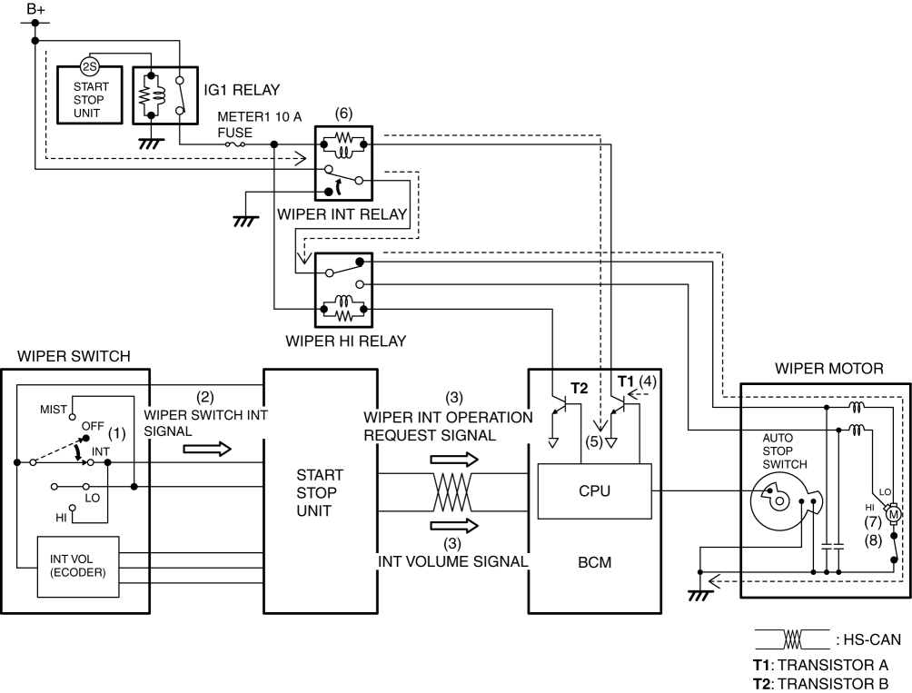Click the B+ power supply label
36,9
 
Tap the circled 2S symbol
89,67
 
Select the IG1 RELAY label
242,90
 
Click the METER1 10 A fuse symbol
234,144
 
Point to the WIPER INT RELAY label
342,214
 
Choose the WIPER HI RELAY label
345,341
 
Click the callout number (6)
343,114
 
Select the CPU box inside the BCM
594,491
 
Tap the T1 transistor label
626,381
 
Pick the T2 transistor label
580,389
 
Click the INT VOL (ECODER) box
78,566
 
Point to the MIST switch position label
54,410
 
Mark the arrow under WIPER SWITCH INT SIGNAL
207,449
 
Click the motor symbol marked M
893,514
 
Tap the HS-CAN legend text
867,639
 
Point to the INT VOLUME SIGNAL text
453,561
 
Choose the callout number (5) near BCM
593,441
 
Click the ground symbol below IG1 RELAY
151,143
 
